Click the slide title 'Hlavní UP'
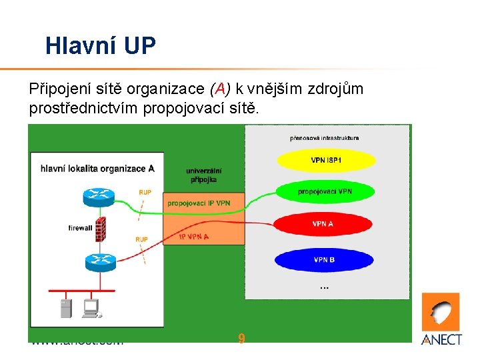[x=101, y=45]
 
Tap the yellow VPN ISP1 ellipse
[x=326, y=160]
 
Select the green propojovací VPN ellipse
[x=325, y=192]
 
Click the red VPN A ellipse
[x=322, y=224]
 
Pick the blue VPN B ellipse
[x=325, y=259]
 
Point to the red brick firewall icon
[x=101, y=229]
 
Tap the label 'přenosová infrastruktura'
[x=325, y=138]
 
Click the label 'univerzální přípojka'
[x=204, y=175]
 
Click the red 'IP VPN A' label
[x=193, y=236]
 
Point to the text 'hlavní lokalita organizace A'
[x=97, y=168]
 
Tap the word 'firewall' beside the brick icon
[x=80, y=228]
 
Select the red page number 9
[x=241, y=339]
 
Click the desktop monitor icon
[x=90, y=307]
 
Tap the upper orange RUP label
[x=145, y=192]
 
